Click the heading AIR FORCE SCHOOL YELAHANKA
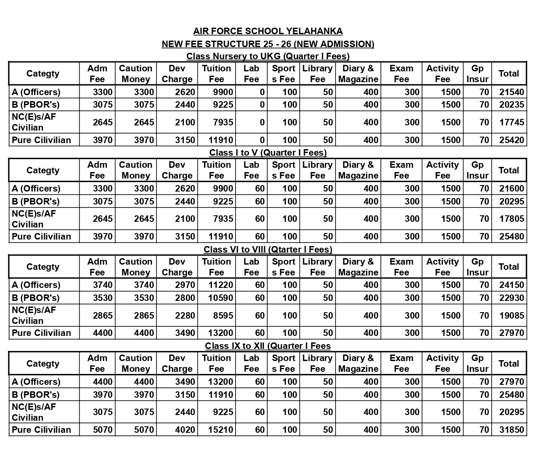(268, 31)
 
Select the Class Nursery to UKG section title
(268, 56)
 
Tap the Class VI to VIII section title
(268, 249)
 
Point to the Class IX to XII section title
(268, 346)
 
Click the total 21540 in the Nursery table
(511, 92)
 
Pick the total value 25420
(511, 140)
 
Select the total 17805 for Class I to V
(511, 219)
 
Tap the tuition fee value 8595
(223, 316)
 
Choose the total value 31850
(511, 430)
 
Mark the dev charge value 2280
(185, 316)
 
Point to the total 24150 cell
(511, 285)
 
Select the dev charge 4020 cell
(185, 430)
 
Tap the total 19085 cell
(511, 316)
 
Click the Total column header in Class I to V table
(508, 170)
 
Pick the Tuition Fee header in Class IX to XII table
(216, 364)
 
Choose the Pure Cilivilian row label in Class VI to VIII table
(41, 333)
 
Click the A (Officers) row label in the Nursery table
(36, 92)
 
